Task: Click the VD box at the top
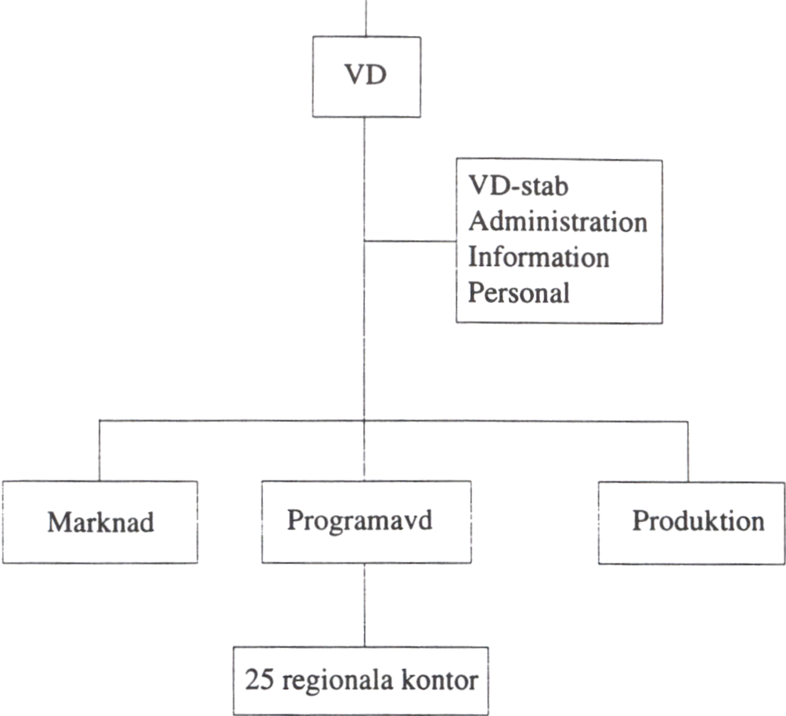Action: coord(366,77)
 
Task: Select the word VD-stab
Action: coord(513,188)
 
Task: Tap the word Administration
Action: coord(557,222)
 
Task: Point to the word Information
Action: coord(539,257)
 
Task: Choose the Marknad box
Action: coord(99,522)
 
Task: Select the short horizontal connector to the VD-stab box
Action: coord(410,241)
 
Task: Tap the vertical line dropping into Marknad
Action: coord(99,451)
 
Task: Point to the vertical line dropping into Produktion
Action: coord(688,451)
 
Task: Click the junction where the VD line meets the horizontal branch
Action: coord(365,421)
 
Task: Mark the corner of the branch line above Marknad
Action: coord(99,421)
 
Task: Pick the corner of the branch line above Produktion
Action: coord(688,421)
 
